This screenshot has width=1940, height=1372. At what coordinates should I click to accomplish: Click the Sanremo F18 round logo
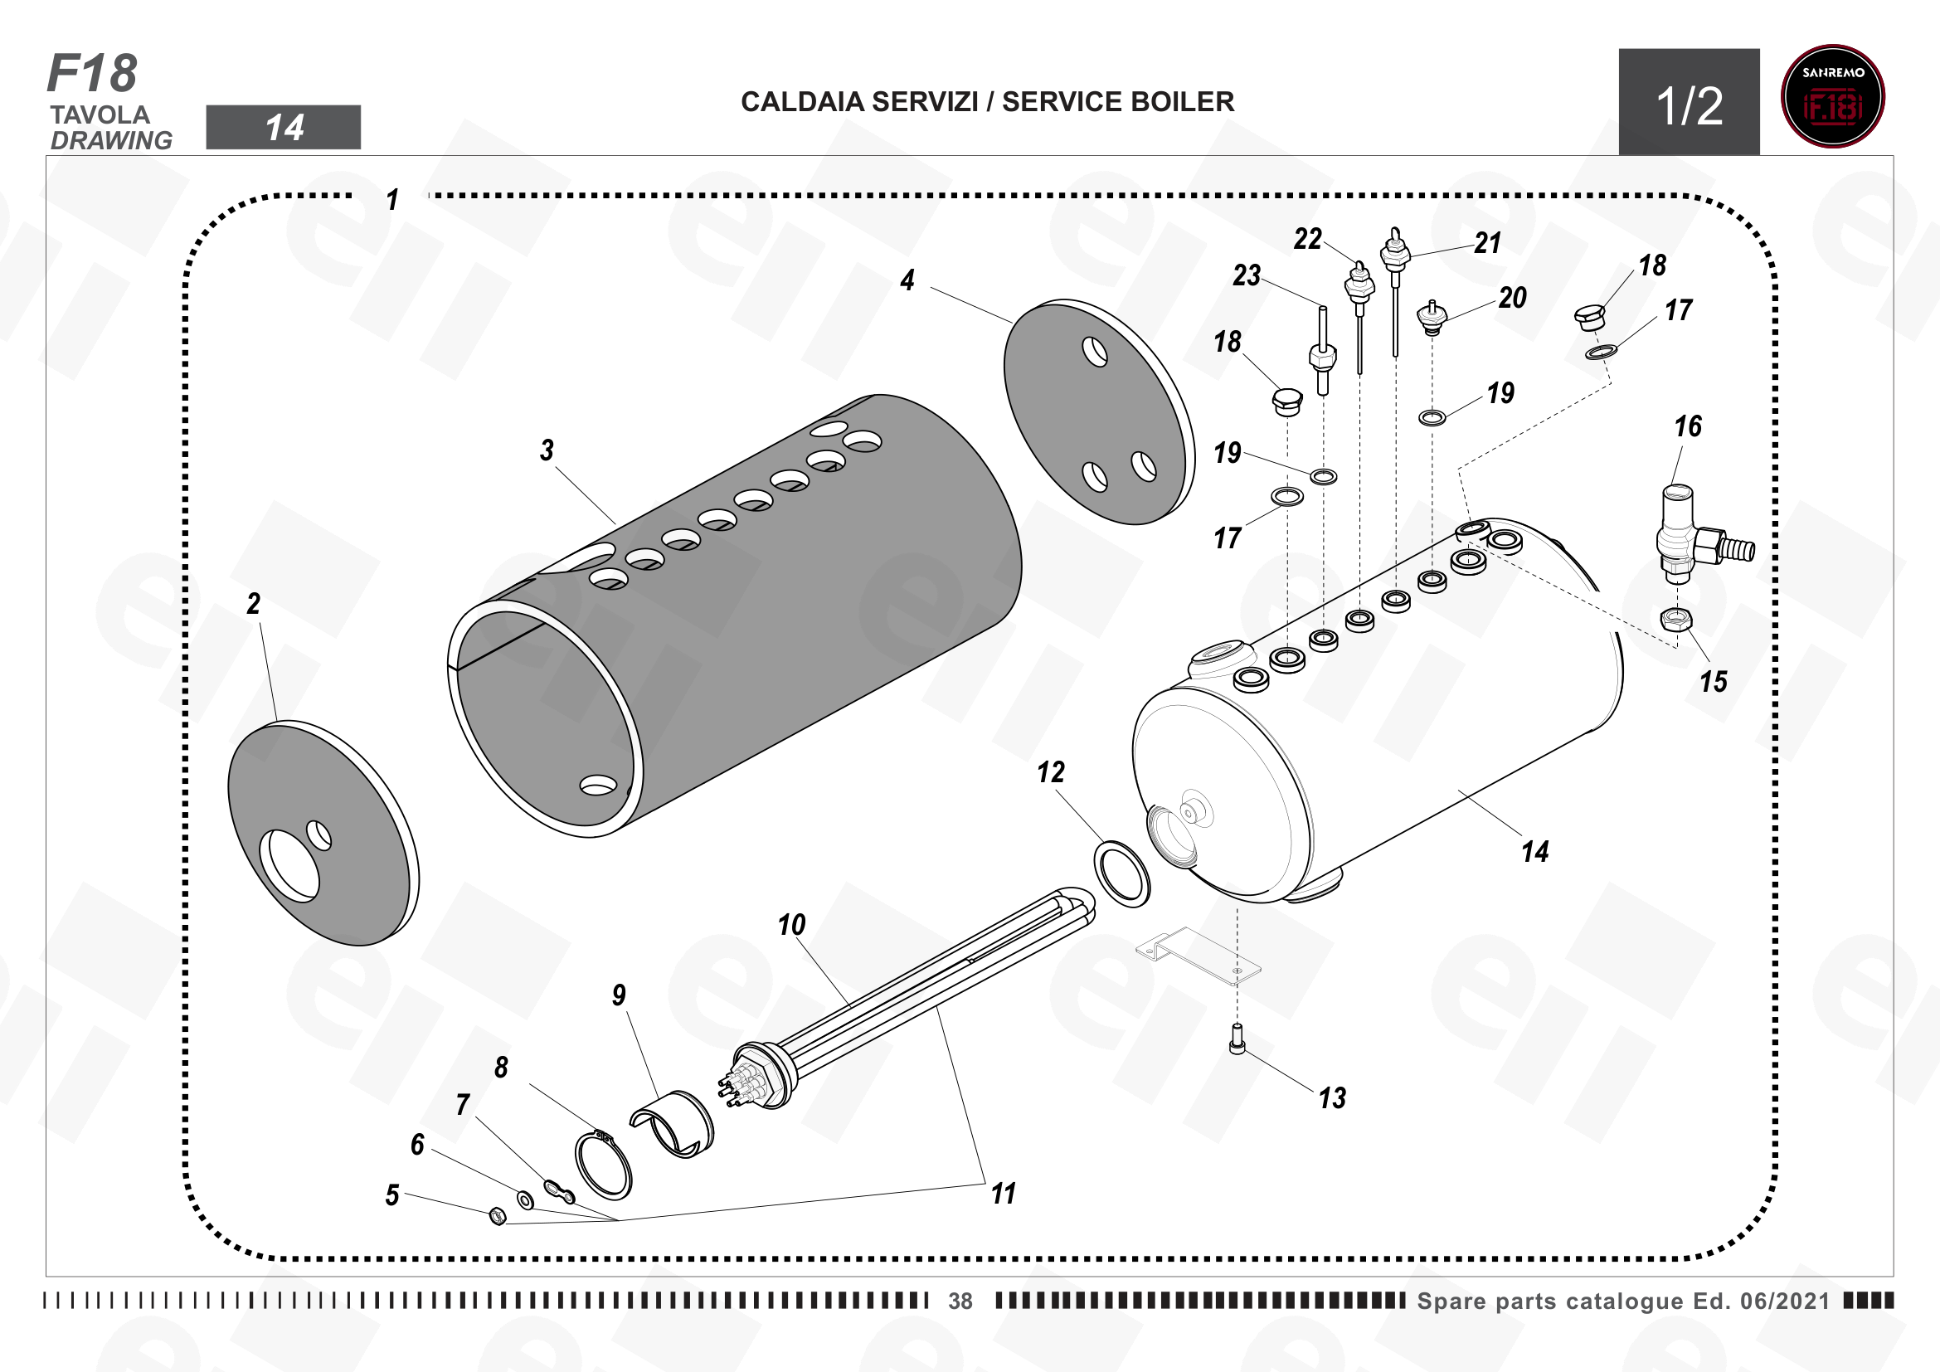click(1832, 96)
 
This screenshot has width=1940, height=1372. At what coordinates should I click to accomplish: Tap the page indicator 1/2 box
click(1689, 102)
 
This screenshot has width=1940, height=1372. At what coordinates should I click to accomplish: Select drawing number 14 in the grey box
click(284, 128)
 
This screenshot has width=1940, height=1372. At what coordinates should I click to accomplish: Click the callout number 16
click(1688, 426)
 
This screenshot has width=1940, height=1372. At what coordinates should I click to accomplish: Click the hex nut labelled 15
click(1677, 620)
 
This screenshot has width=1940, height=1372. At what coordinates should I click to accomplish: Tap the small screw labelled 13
click(1237, 1039)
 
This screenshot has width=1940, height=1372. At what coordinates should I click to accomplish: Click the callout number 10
click(792, 925)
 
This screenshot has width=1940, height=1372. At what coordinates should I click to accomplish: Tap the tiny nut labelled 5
click(498, 1217)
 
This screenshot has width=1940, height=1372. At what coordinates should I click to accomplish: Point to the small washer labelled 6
click(525, 1199)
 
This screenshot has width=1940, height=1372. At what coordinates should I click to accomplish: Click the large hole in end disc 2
click(289, 866)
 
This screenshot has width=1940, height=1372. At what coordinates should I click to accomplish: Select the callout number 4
click(907, 280)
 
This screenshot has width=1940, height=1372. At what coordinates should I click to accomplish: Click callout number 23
click(1247, 275)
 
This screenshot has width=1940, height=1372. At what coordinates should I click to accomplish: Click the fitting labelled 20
click(1432, 318)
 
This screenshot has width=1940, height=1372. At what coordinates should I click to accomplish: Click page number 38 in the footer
click(960, 1301)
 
